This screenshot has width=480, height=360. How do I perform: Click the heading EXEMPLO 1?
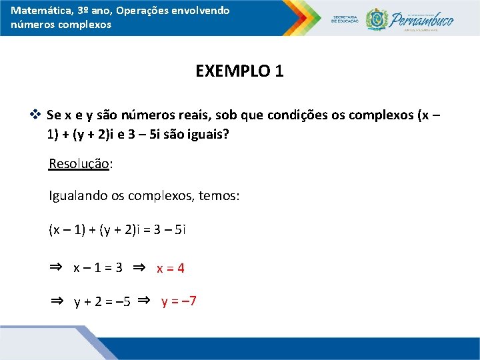(x=239, y=71)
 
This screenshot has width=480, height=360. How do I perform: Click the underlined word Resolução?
(x=79, y=163)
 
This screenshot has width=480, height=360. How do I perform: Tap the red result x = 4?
(x=171, y=269)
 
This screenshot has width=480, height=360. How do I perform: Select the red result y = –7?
(x=179, y=301)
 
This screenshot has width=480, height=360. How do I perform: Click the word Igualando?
(x=75, y=197)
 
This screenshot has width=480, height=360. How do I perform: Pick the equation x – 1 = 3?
(x=97, y=269)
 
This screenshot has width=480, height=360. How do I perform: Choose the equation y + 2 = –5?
(x=102, y=302)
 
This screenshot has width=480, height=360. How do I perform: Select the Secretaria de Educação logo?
(x=345, y=19)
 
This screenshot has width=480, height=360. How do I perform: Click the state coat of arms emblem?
(x=377, y=19)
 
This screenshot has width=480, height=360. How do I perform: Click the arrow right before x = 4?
(x=139, y=267)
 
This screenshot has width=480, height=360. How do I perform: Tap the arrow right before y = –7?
(x=144, y=301)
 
